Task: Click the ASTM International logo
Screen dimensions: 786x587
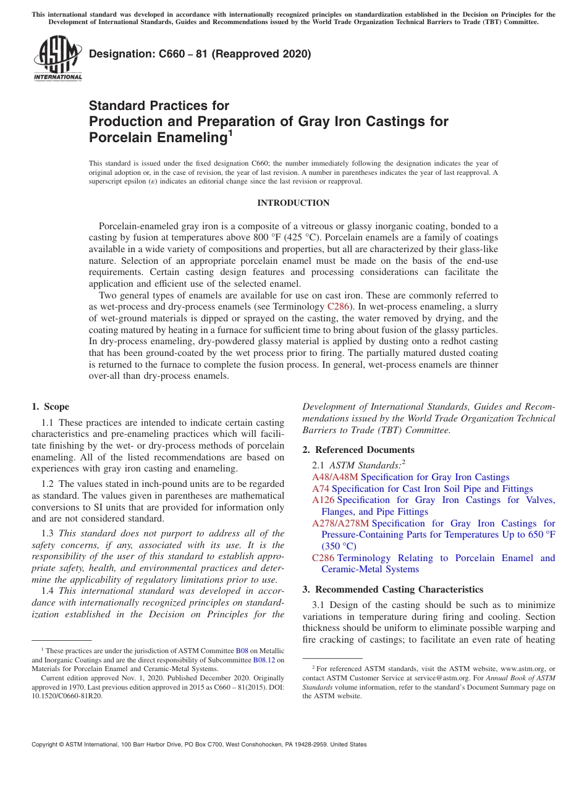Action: [57, 59]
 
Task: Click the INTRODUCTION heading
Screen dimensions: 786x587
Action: [293, 203]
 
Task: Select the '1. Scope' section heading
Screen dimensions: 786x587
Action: [50, 407]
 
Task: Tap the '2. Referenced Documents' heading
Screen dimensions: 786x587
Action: [358, 450]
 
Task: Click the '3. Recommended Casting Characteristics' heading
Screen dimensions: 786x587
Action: [393, 589]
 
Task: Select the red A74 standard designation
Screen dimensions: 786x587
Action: [321, 489]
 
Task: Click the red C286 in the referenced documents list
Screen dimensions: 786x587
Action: [323, 558]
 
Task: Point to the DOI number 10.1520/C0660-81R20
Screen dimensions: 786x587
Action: [67, 695]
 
